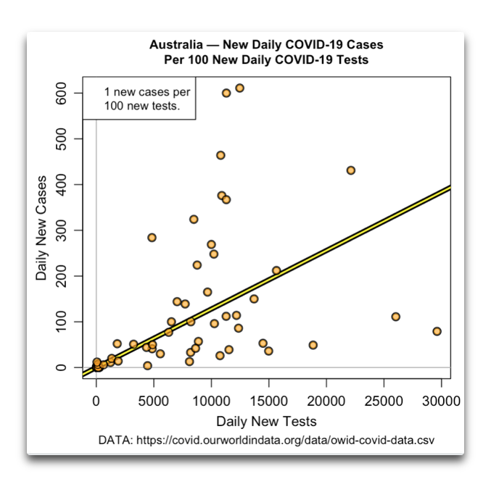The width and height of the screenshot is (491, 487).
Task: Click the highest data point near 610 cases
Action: pyautogui.click(x=239, y=88)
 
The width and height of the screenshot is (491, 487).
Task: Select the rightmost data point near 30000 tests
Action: pyautogui.click(x=437, y=331)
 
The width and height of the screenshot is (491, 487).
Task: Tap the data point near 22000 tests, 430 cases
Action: pyautogui.click(x=350, y=170)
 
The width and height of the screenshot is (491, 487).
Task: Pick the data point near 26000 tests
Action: pyautogui.click(x=395, y=317)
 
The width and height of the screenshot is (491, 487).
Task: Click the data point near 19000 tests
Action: pyautogui.click(x=313, y=345)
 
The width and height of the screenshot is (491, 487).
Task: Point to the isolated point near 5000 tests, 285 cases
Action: pyautogui.click(x=152, y=237)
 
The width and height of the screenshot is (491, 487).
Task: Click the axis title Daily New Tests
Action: pyautogui.click(x=266, y=421)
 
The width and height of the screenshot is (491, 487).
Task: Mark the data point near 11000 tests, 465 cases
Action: pyautogui.click(x=220, y=155)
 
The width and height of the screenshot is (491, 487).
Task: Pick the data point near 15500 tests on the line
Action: pyautogui.click(x=276, y=270)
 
